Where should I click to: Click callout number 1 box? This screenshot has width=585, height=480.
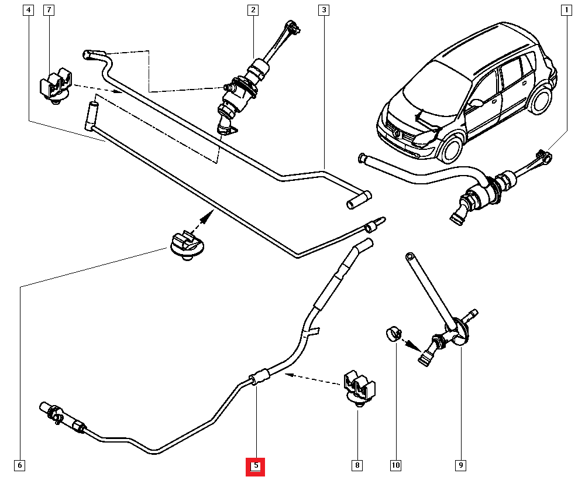(x=566, y=10)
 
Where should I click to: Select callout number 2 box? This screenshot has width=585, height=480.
(x=253, y=10)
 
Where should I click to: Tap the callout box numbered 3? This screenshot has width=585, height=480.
(x=324, y=10)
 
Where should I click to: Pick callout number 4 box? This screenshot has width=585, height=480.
(x=28, y=10)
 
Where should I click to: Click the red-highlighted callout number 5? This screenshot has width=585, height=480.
(x=256, y=466)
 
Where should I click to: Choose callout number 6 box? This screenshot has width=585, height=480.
(x=19, y=466)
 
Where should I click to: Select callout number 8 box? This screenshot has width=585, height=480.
(x=356, y=466)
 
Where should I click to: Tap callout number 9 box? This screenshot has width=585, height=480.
(x=460, y=466)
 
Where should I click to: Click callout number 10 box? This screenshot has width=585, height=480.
(x=395, y=466)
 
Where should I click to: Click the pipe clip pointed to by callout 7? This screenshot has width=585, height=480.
(x=55, y=86)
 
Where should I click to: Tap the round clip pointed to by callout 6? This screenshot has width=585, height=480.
(x=185, y=246)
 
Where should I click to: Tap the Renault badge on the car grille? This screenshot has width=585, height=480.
(x=397, y=134)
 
